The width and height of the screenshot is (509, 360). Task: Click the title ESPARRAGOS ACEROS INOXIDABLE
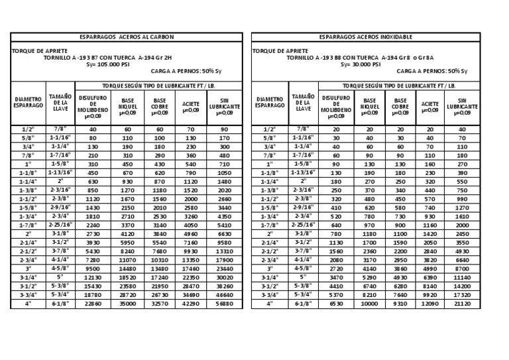365,37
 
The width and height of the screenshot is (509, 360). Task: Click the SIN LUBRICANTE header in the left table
225,105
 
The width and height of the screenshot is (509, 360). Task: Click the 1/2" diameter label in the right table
270,129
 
